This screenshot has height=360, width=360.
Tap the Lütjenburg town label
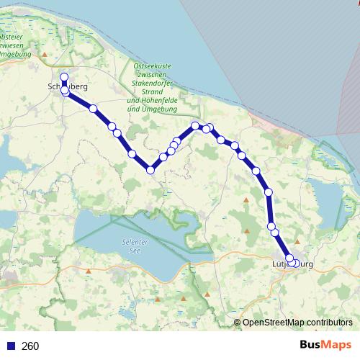(294, 265)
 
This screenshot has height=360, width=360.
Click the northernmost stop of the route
(64, 77)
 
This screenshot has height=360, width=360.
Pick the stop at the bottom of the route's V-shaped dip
(150, 170)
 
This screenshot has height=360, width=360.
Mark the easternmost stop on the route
(295, 263)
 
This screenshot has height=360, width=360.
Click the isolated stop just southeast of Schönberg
(93, 109)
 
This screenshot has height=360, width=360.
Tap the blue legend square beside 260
(11, 346)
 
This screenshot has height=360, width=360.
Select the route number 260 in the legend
(31, 346)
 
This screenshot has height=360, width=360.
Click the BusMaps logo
(325, 346)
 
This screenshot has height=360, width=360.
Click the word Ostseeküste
(152, 66)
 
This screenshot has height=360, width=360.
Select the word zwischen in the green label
(152, 75)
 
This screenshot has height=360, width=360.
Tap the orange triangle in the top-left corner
(45, 53)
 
